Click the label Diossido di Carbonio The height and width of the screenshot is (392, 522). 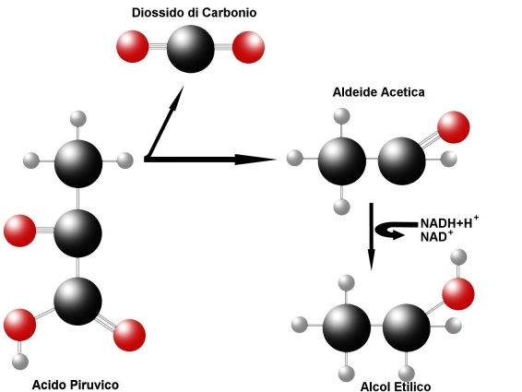tap(194, 13)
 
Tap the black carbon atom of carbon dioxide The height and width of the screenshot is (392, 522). tap(191, 49)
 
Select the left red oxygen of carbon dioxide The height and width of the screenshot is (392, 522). tap(133, 46)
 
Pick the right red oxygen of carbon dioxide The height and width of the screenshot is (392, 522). tap(248, 47)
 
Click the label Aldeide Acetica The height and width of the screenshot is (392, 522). tap(378, 92)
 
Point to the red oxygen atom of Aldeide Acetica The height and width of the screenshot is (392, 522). tap(454, 127)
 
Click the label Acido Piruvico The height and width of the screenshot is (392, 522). tap(76, 385)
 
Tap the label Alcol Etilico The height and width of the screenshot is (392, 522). tap(396, 386)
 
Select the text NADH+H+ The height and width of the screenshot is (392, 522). tap(449, 222)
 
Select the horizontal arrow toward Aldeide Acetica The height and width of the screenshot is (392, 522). tap(210, 160)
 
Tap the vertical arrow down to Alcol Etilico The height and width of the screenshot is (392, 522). tap(371, 236)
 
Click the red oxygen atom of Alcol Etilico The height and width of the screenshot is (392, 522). tap(458, 294)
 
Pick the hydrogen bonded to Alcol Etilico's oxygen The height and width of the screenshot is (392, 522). tap(458, 256)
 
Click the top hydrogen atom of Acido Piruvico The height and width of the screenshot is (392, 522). tap(78, 119)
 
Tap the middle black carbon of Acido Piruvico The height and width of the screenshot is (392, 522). tap(77, 233)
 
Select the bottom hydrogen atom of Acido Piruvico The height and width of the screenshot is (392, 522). tap(20, 362)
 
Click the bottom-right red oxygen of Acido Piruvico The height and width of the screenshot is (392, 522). tap(129, 335)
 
